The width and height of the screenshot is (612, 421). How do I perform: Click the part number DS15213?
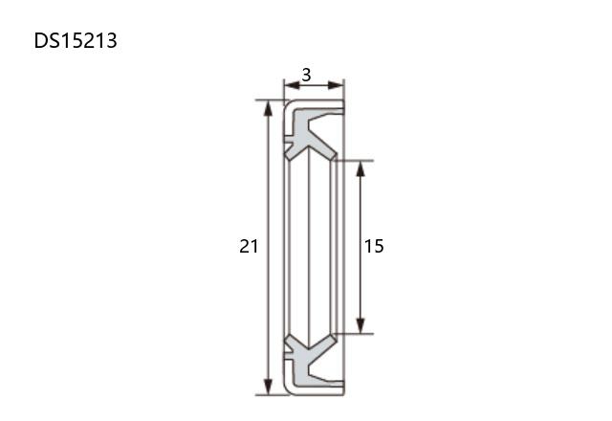[x=76, y=40]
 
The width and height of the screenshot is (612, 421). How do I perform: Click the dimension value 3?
[x=306, y=75]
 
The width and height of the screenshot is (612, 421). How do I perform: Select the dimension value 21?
[x=249, y=247]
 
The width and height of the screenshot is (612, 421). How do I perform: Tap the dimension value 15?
[x=374, y=246]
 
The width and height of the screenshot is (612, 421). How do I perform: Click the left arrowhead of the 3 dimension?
[x=292, y=85]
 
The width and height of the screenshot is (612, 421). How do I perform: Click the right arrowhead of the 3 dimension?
[x=336, y=85]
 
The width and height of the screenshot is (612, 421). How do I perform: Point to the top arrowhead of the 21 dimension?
[x=268, y=108]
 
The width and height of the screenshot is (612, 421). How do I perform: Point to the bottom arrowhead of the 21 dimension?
[x=268, y=387]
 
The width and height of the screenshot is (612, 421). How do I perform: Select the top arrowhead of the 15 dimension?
[x=361, y=168]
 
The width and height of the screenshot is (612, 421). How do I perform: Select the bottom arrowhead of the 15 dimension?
[x=361, y=325]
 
